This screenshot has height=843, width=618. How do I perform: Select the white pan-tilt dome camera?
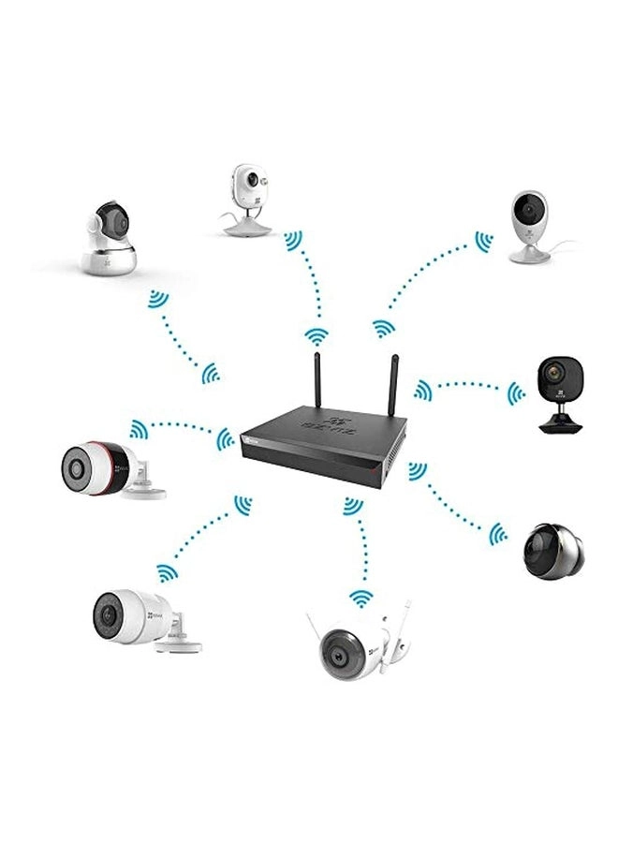click(x=110, y=239)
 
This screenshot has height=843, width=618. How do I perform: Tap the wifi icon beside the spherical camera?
click(x=498, y=534)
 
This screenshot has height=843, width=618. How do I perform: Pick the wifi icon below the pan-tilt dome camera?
click(x=157, y=302)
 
